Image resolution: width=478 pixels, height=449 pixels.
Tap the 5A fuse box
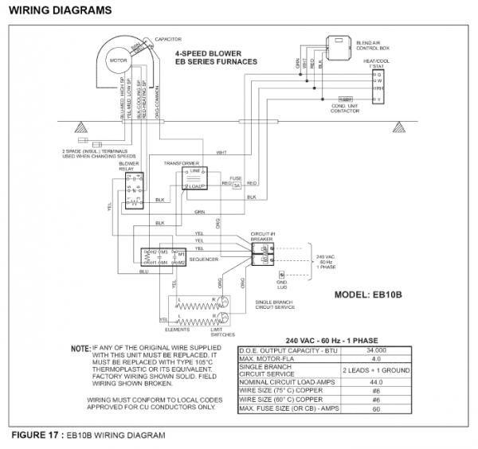click(236, 185)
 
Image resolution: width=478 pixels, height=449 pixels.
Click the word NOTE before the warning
click(80, 349)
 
